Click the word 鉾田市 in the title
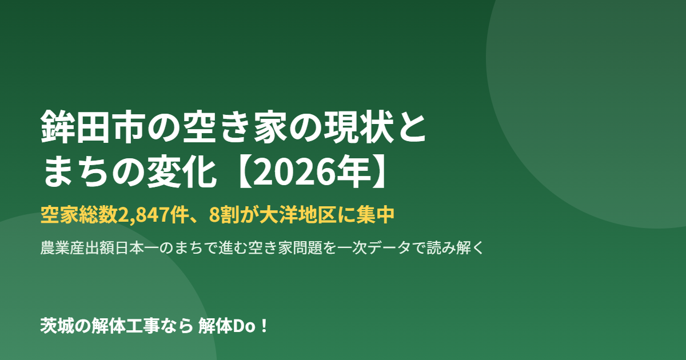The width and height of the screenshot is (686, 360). point(93,127)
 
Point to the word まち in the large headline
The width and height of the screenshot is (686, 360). point(76,171)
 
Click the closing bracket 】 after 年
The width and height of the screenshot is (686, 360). point(379,171)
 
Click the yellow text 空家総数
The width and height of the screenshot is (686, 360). point(79,215)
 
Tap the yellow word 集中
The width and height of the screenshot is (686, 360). point(376,215)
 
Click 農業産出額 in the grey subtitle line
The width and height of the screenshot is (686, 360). point(78,247)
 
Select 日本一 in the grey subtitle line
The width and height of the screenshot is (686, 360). point(137,247)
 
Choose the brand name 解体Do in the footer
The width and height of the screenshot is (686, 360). point(227,326)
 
